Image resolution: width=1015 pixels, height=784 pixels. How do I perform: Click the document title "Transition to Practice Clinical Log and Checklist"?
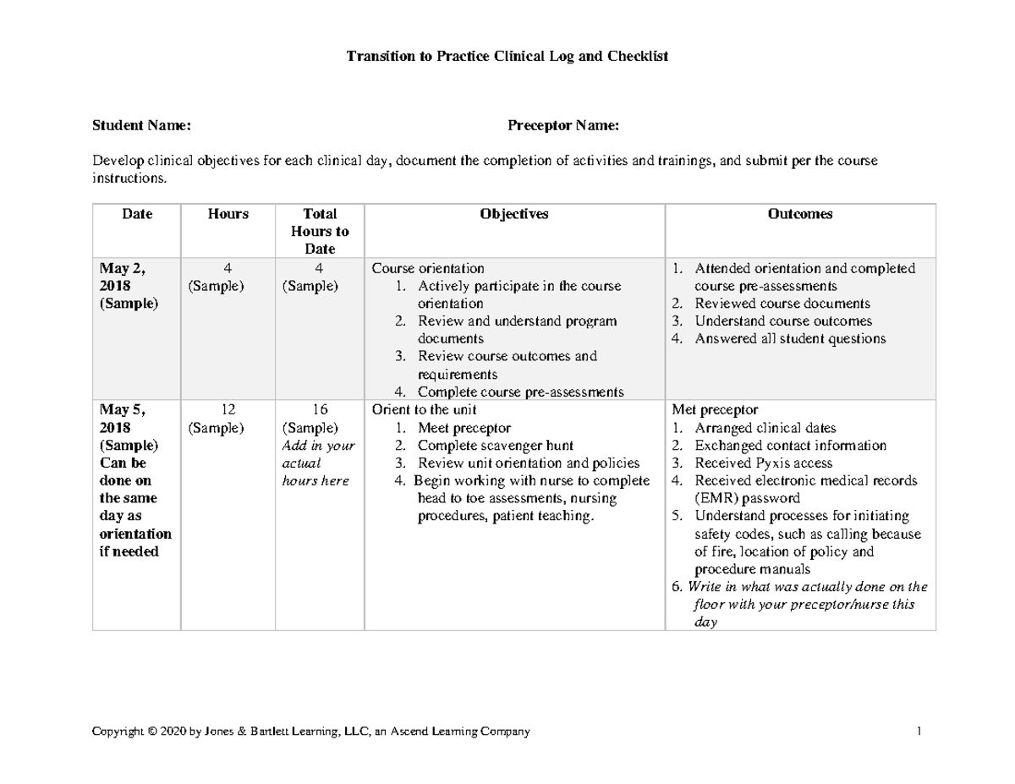507,57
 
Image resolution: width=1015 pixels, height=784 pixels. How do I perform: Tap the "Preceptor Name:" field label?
562,126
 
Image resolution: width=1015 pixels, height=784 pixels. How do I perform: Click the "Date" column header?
137,215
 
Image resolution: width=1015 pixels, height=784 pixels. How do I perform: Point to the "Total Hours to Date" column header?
319,232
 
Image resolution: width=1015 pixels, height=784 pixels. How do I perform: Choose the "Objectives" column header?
514,215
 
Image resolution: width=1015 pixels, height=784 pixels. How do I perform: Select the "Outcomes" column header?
799,215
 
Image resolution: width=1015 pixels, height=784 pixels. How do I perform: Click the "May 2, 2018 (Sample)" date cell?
129,286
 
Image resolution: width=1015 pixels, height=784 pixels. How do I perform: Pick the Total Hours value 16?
319,410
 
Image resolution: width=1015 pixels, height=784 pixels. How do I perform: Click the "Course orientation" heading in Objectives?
429,269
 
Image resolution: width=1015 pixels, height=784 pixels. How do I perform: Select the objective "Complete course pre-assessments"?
520,392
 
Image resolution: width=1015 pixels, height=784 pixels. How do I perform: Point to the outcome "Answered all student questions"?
790,339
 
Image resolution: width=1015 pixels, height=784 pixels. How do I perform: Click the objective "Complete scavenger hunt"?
496,446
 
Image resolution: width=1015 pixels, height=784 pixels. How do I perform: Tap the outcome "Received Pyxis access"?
763,463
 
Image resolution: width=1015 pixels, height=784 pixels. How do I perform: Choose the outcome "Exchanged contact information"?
790,446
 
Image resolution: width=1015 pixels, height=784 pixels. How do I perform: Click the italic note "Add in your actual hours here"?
319,463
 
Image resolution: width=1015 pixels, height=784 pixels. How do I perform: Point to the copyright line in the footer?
310,732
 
